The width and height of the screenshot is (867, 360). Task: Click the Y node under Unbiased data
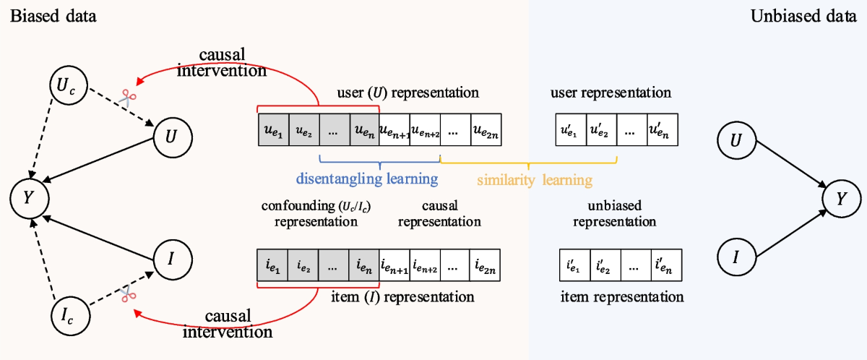click(x=840, y=197)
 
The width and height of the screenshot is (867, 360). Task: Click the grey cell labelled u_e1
click(x=272, y=130)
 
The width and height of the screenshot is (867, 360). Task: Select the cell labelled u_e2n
click(x=486, y=130)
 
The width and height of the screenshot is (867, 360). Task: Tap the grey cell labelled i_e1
click(x=272, y=265)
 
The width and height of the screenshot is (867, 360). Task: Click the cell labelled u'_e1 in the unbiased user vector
click(x=570, y=131)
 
